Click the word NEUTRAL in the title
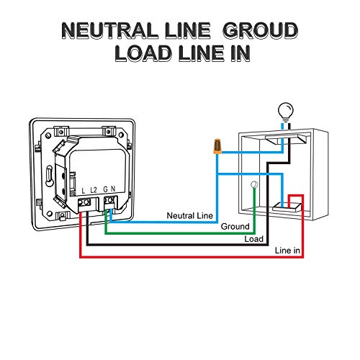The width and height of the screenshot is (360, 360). click(x=109, y=31)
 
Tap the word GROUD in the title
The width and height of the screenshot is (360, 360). click(x=261, y=31)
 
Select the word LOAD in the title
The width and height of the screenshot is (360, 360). click(x=143, y=53)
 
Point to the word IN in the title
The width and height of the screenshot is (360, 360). click(x=240, y=53)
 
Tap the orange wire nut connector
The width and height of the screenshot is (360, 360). click(x=217, y=146)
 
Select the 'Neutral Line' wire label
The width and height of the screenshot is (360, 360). click(x=189, y=215)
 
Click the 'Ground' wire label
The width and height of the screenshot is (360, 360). click(x=235, y=226)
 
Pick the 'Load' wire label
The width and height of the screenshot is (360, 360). click(x=253, y=239)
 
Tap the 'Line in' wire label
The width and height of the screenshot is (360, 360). click(x=287, y=251)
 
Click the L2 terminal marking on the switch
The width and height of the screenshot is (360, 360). click(x=94, y=190)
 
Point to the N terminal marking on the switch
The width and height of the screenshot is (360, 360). click(x=113, y=189)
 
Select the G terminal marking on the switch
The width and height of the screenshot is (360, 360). click(x=105, y=189)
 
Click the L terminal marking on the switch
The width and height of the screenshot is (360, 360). click(x=84, y=191)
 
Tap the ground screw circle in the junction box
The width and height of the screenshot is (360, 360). click(x=253, y=184)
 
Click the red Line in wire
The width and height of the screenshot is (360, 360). click(x=192, y=257)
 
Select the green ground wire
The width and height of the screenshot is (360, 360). click(x=180, y=233)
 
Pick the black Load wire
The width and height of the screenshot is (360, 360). click(x=177, y=245)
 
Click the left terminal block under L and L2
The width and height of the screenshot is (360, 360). click(x=84, y=204)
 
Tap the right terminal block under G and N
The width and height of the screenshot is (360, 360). click(x=110, y=203)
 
